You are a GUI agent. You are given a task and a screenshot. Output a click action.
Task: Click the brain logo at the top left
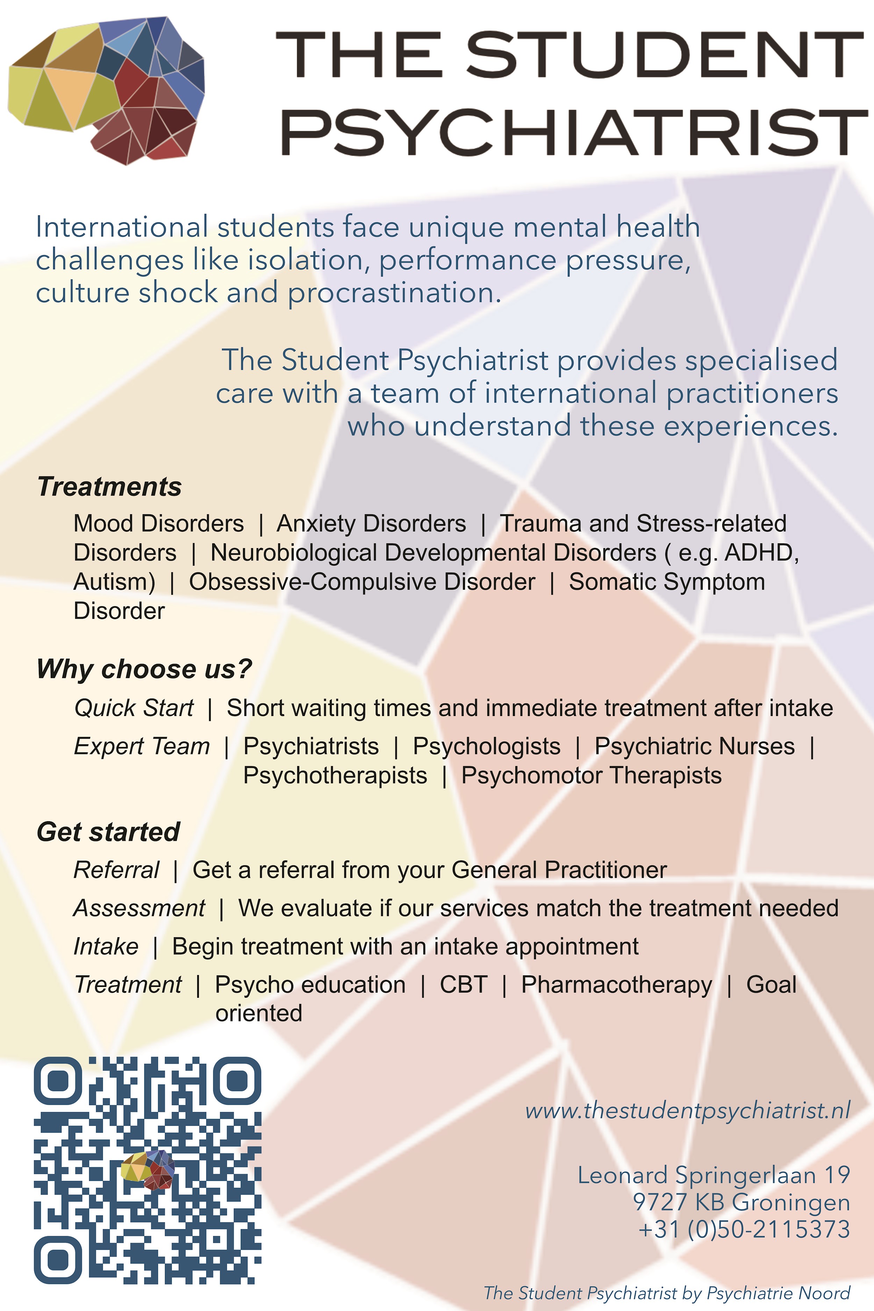(x=106, y=90)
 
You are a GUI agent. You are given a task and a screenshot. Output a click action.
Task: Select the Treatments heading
(x=109, y=487)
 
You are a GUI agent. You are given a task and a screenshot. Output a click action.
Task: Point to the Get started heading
(x=108, y=832)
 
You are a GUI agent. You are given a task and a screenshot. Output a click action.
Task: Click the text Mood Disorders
(x=159, y=523)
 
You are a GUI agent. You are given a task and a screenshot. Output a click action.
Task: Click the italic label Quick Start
(x=134, y=708)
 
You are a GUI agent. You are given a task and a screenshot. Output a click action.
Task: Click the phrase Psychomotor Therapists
(x=592, y=775)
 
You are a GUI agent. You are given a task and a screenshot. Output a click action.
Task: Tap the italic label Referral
(x=116, y=870)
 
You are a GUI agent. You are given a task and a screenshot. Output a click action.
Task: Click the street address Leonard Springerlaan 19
(x=714, y=1175)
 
